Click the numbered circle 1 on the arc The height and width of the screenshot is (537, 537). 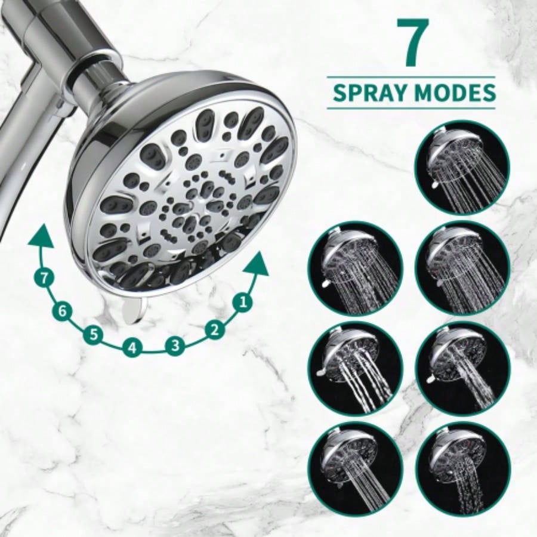click(x=242, y=303)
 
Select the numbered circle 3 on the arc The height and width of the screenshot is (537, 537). click(x=174, y=345)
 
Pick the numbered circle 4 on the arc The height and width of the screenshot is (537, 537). click(x=132, y=347)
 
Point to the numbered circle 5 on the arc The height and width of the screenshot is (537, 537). click(x=93, y=334)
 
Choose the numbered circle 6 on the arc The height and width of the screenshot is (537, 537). click(x=61, y=310)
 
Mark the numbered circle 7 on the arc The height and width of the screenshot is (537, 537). click(x=42, y=276)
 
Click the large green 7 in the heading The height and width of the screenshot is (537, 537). click(x=412, y=44)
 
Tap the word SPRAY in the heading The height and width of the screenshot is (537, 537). click(x=366, y=93)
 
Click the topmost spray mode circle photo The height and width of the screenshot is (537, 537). click(x=463, y=167)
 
